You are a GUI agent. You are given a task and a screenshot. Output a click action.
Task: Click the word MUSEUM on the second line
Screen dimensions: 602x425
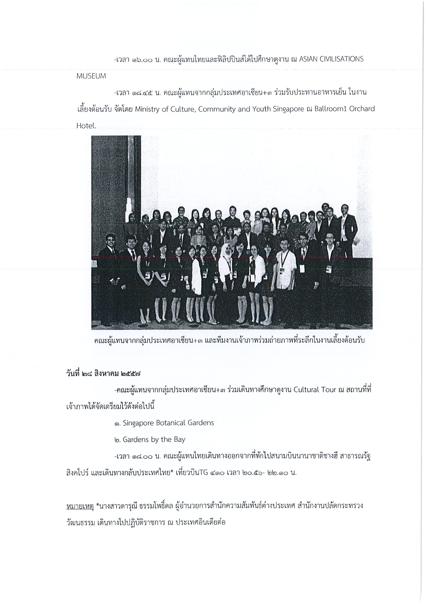point(91,76)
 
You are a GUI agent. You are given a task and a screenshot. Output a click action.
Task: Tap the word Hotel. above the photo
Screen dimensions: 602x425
point(86,126)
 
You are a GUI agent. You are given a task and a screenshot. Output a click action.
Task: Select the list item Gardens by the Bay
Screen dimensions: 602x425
point(154,440)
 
